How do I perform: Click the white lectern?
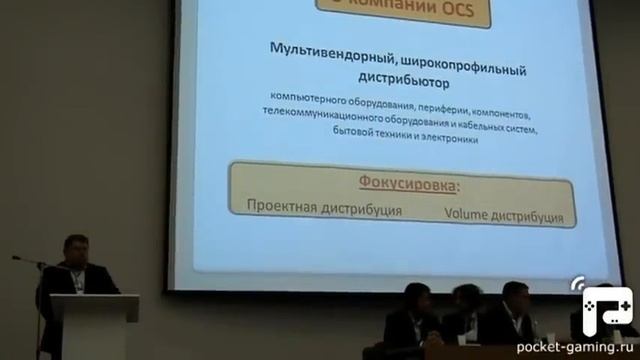[x=95, y=325]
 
